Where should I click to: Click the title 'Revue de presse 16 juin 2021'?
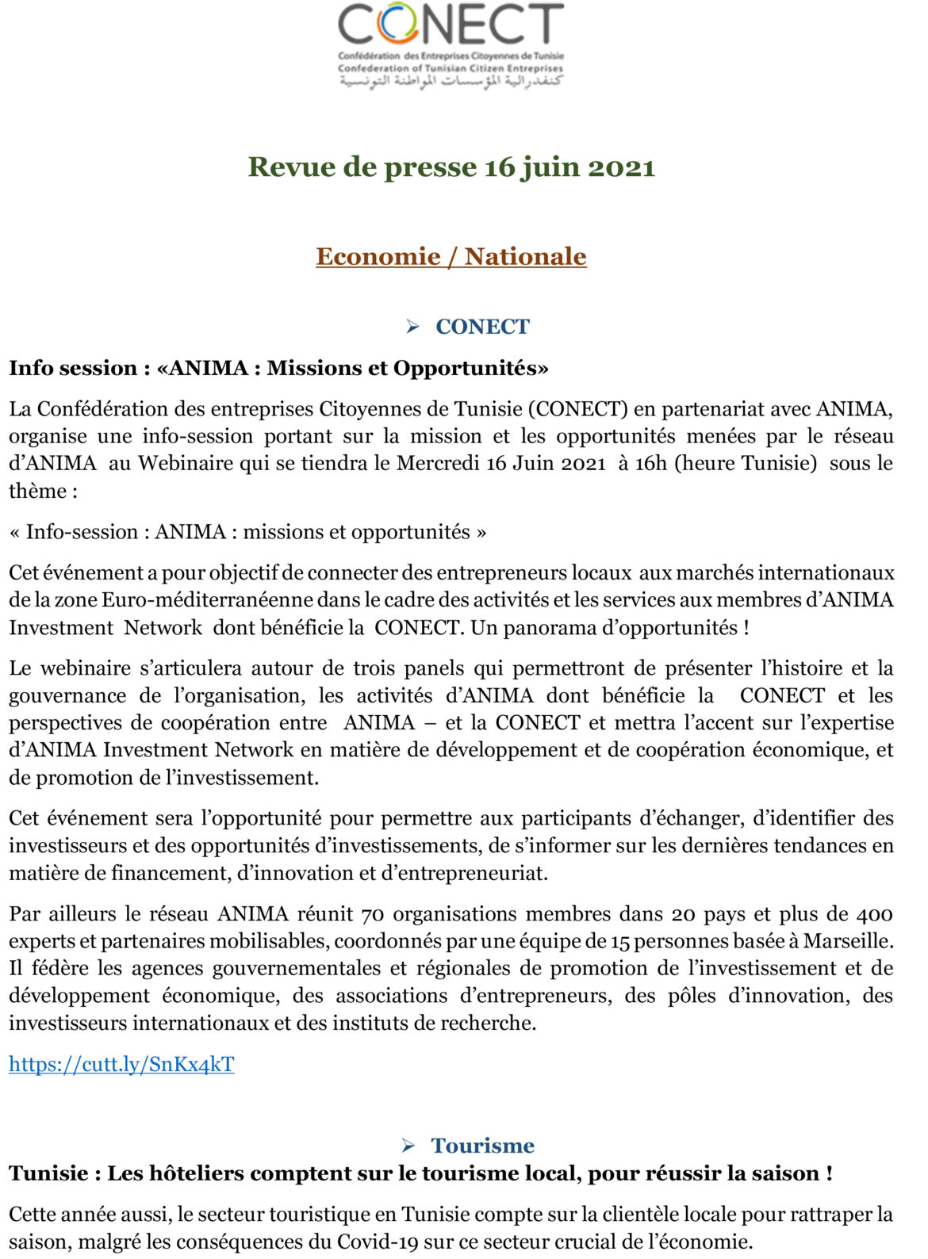pyautogui.click(x=451, y=167)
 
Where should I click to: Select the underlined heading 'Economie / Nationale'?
pyautogui.click(x=451, y=257)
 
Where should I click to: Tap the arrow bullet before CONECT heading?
pyautogui.click(x=412, y=327)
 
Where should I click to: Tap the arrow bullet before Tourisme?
pyautogui.click(x=408, y=1146)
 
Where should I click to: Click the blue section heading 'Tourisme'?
pyautogui.click(x=482, y=1146)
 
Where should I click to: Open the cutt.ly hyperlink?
pyautogui.click(x=121, y=1064)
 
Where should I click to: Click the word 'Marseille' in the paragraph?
pyautogui.click(x=846, y=941)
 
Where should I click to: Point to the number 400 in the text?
pyautogui.click(x=874, y=914)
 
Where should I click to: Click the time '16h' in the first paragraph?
pyautogui.click(x=650, y=463)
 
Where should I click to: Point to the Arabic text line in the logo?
pyautogui.click(x=451, y=82)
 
